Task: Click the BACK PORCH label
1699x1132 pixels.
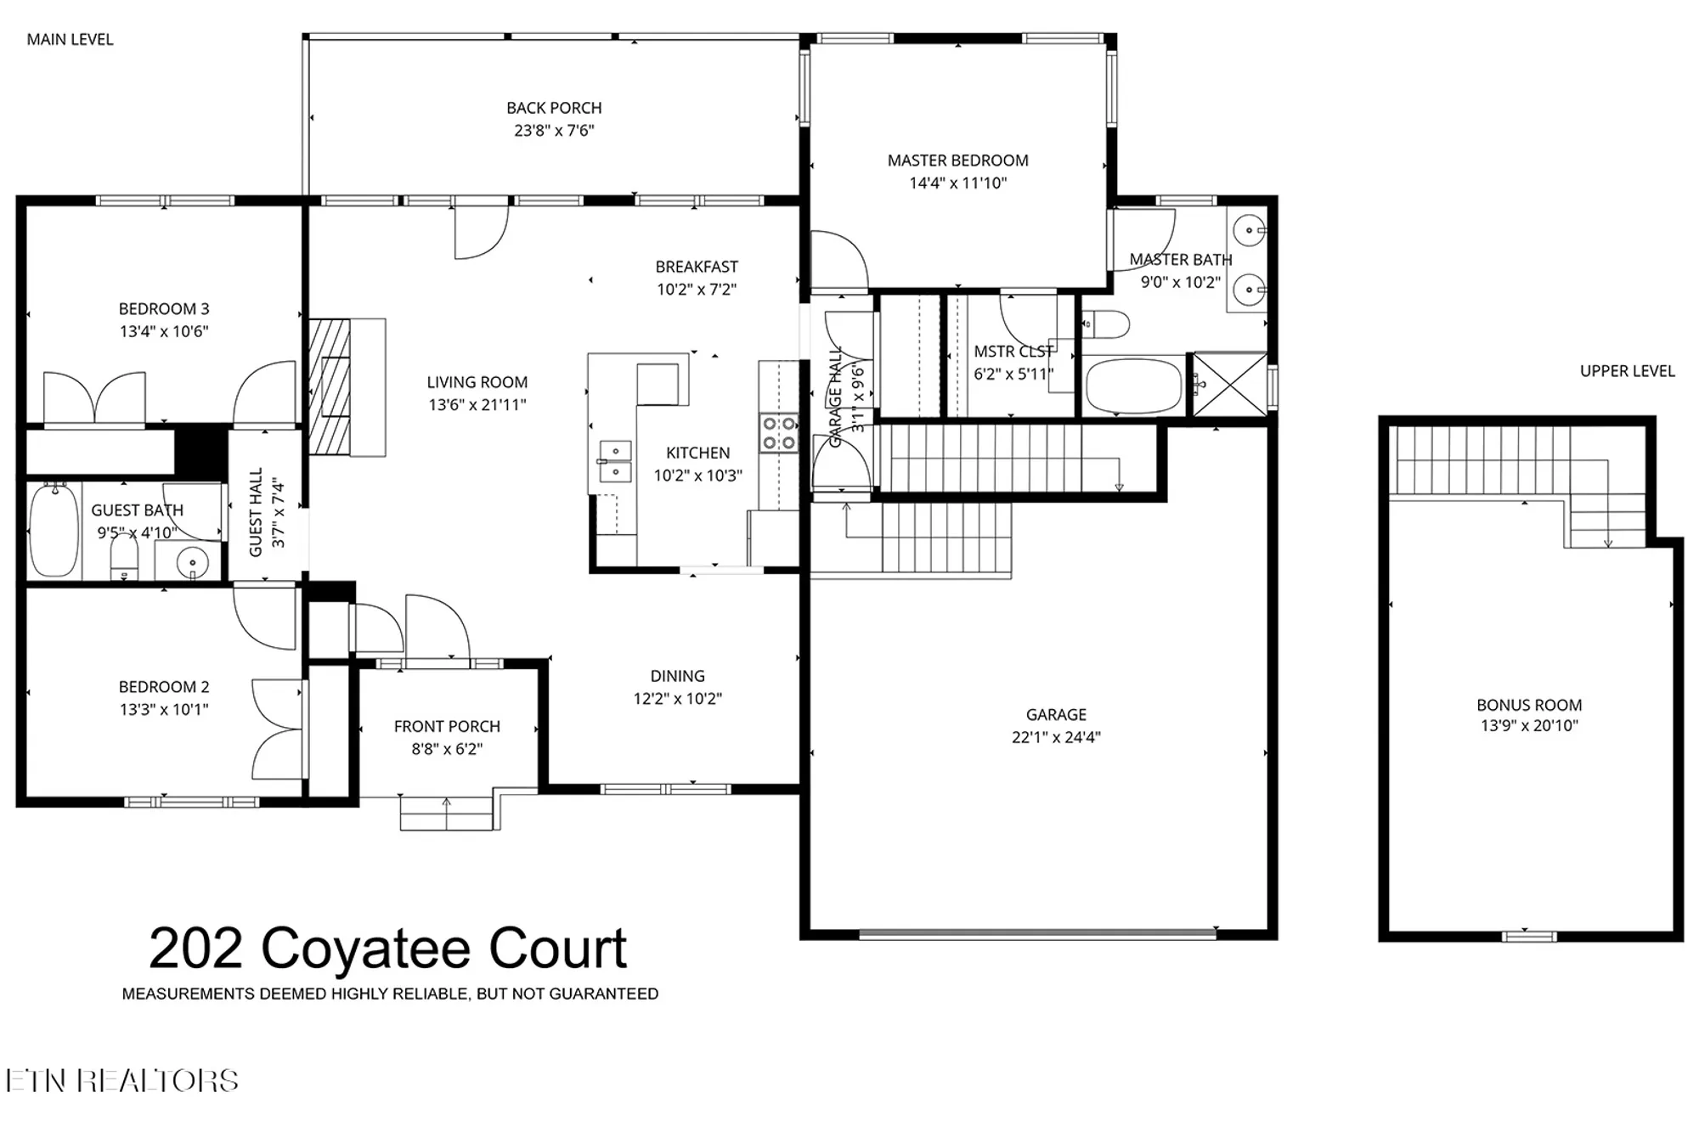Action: tap(554, 108)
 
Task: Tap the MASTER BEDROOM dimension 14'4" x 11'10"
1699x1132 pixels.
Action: tap(957, 183)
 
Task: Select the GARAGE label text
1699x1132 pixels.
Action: tap(1056, 715)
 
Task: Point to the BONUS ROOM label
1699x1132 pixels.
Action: tap(1529, 705)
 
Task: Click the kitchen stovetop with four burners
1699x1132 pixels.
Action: tap(778, 432)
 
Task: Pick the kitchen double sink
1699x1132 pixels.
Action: tap(615, 461)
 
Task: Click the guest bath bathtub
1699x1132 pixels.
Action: tap(54, 532)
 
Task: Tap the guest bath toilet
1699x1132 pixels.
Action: tap(124, 557)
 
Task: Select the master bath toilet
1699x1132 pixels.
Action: tap(1108, 324)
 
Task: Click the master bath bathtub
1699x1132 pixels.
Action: tap(1134, 385)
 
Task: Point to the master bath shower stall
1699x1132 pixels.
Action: tap(1229, 384)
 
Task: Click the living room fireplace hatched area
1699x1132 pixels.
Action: tap(330, 386)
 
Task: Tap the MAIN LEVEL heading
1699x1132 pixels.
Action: tap(70, 39)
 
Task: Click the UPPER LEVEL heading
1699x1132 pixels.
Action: tap(1627, 371)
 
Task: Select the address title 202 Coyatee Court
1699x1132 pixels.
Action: tap(388, 949)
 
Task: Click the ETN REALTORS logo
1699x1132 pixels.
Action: tap(122, 1080)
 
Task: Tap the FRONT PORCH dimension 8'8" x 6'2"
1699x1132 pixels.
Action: tap(447, 749)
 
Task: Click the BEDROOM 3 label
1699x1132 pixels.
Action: tap(164, 309)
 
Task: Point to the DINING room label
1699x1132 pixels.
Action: tap(677, 676)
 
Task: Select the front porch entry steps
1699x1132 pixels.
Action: tap(447, 813)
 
